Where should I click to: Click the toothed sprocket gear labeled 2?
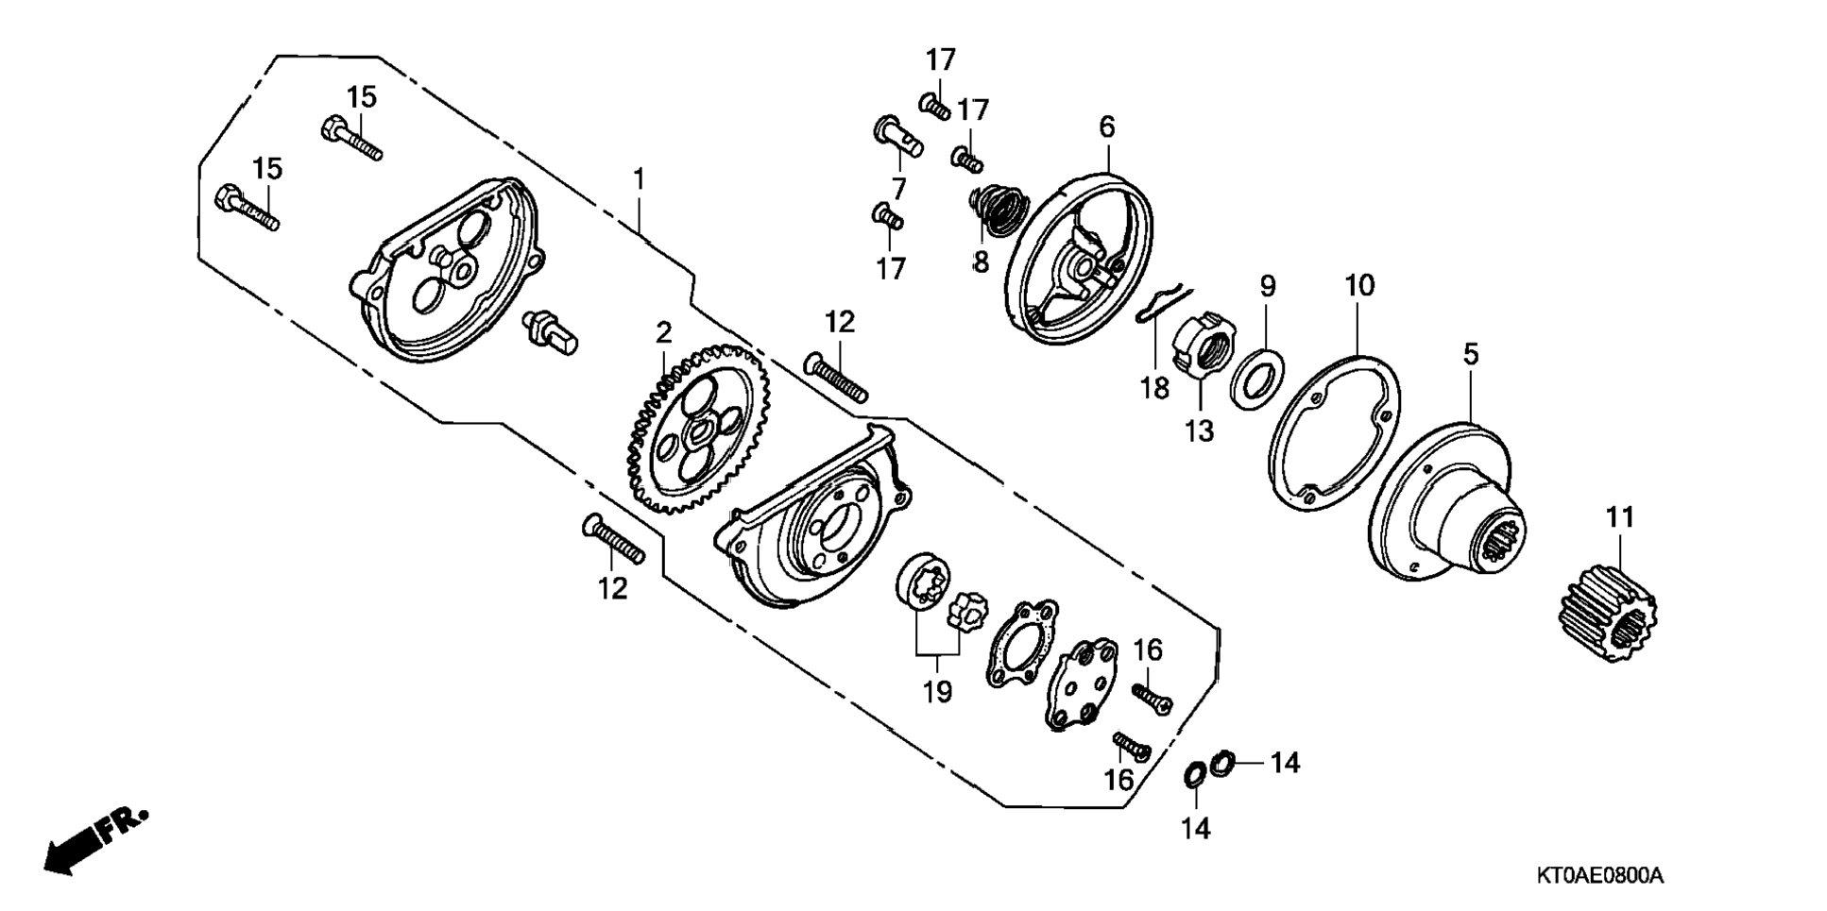click(698, 430)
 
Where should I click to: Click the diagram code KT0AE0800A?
click(1600, 876)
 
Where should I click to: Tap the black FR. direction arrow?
click(95, 839)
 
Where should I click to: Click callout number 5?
click(1471, 355)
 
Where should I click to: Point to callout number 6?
click(1107, 127)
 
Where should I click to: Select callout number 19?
click(938, 692)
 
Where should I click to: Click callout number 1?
click(640, 177)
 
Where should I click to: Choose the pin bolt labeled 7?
click(896, 137)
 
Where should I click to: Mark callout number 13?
click(1199, 431)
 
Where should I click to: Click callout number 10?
click(1359, 285)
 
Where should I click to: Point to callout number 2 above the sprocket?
click(664, 331)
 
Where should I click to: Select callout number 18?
click(1154, 387)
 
